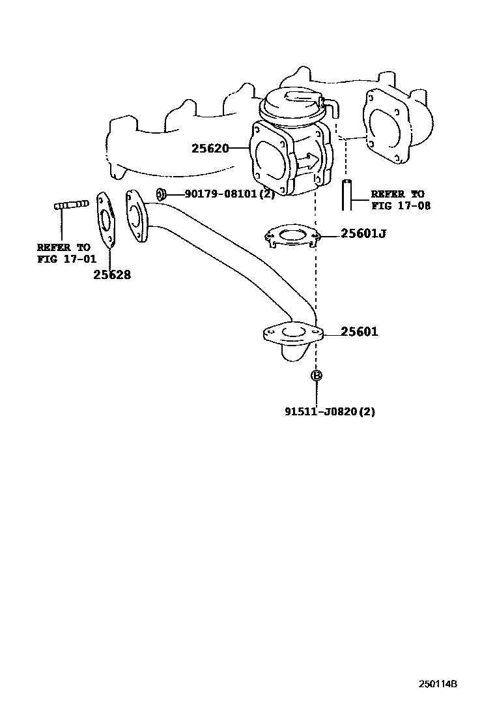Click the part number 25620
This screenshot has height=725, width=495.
point(210,149)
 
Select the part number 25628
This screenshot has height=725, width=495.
point(111,275)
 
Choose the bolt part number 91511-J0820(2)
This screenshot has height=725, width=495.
point(330,411)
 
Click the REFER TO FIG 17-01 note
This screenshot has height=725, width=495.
point(63,253)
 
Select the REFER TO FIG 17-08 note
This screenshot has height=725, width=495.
point(397,200)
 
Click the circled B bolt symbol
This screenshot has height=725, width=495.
point(317,376)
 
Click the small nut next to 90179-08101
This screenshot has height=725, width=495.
point(161,194)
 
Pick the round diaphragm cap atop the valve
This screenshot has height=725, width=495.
point(292,104)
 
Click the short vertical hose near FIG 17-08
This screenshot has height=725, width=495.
point(346,194)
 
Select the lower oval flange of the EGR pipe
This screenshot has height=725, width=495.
point(293,334)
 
